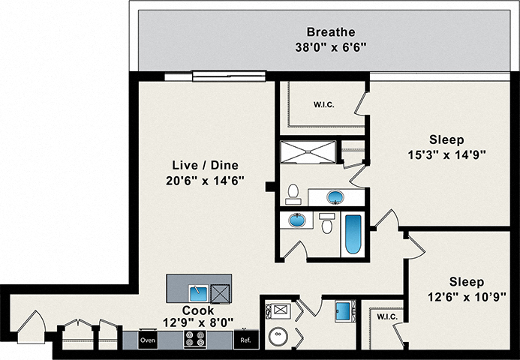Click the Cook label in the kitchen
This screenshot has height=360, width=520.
[198, 310]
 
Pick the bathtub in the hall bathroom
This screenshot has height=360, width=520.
[353, 235]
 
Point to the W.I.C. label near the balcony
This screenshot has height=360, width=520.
[323, 105]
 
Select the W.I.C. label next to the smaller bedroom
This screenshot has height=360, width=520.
[387, 317]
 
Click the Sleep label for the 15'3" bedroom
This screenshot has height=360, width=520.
[446, 139]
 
